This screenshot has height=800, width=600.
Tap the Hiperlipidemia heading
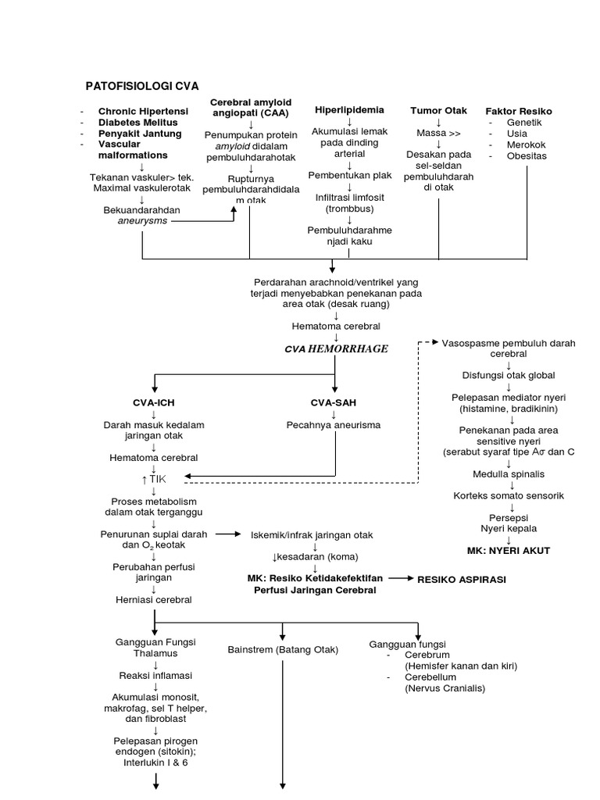coord(348,109)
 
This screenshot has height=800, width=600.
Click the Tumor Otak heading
coord(438,111)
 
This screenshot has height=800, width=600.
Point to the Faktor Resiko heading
coord(518,111)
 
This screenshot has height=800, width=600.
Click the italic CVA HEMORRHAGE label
coord(336,348)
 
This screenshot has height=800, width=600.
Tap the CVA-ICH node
coord(154,402)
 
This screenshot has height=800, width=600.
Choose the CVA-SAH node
coord(334,402)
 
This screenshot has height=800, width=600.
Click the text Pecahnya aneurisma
coord(334,425)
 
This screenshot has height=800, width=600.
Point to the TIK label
coord(157,478)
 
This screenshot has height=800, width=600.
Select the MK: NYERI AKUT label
coord(509,551)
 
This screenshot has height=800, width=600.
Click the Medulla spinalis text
coord(509,473)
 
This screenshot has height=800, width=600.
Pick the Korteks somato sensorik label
coord(509,495)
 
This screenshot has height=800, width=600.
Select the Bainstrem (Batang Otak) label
coord(281,649)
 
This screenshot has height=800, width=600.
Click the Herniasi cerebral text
coord(154,600)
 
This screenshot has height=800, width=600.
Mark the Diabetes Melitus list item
coord(137,123)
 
